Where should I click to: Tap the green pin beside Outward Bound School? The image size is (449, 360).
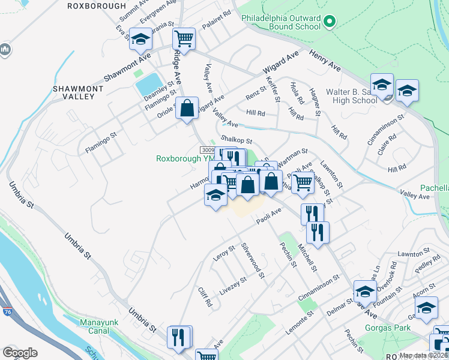(x=328, y=23)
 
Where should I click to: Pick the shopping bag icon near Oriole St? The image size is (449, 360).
(x=187, y=109)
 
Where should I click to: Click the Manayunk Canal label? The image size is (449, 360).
(x=95, y=326)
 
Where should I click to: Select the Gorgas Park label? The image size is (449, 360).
(x=388, y=328)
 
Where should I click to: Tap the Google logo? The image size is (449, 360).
(x=20, y=353)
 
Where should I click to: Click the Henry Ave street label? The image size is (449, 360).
(x=325, y=61)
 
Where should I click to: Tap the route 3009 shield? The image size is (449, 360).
(x=207, y=150)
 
